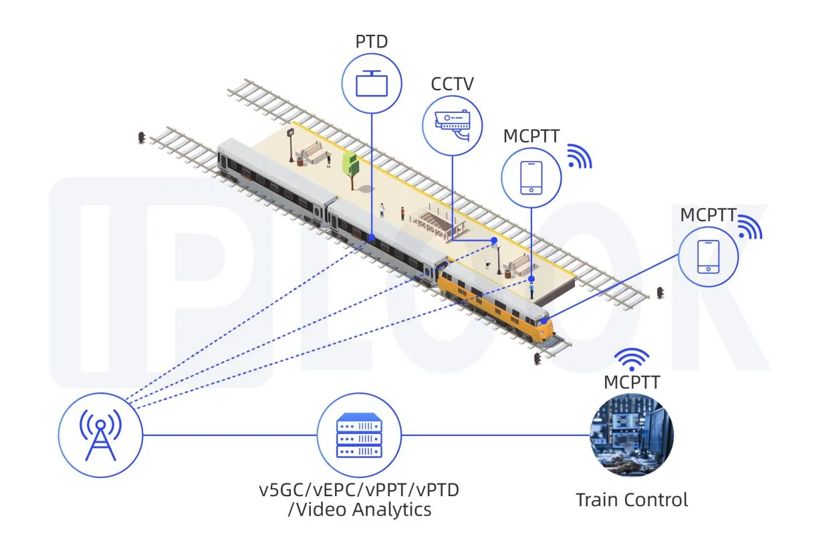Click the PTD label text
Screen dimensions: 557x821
(x=372, y=42)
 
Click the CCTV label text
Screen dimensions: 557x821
(x=453, y=84)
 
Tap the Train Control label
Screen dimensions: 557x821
(x=631, y=499)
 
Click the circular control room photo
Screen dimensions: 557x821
(x=631, y=435)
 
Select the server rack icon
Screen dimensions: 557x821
(x=359, y=435)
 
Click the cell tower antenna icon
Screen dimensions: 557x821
(x=100, y=435)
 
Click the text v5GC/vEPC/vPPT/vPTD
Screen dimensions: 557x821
(x=359, y=490)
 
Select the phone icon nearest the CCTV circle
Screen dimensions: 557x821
(x=532, y=177)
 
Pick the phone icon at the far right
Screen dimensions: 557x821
(x=708, y=257)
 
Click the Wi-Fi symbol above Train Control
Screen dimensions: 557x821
(x=632, y=359)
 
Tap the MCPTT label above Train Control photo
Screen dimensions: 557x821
(x=632, y=382)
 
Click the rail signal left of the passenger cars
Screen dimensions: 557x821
(x=141, y=138)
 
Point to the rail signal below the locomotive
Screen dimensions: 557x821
(x=537, y=359)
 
